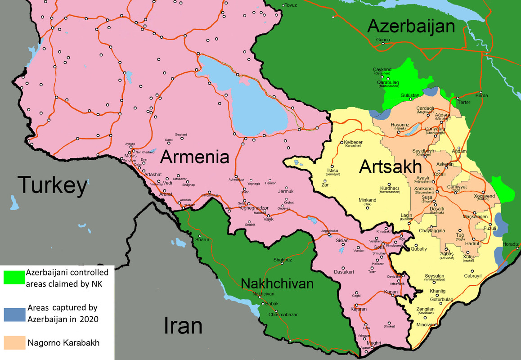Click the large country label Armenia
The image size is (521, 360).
pos(195,157)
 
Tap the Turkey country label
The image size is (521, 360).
pos(52,185)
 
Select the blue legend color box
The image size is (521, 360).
pos(14,313)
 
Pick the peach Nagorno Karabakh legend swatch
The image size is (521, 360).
pos(14,342)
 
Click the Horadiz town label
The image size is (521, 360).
pos(511,244)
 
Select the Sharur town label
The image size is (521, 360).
pos(202,240)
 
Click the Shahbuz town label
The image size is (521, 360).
pos(283,260)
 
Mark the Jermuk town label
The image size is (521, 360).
pos(286,191)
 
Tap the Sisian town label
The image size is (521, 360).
pos(342,241)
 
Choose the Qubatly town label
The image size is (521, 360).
pos(419,249)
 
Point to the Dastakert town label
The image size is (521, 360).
pos(344,272)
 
